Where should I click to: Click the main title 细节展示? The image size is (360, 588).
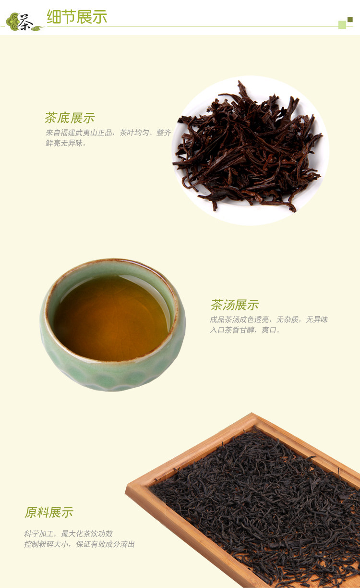(77, 17)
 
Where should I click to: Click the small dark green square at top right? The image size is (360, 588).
(350, 19)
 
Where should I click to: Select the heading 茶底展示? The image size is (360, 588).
(70, 117)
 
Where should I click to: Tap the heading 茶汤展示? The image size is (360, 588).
(235, 305)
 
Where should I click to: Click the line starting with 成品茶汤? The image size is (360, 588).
(269, 319)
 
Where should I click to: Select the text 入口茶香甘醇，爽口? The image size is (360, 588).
(243, 330)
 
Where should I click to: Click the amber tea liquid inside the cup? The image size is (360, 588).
(111, 318)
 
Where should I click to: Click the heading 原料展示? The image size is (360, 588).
(49, 512)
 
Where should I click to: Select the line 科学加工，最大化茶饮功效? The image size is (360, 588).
(69, 534)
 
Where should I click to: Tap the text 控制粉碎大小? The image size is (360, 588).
(47, 544)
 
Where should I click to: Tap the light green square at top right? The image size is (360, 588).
(342, 24)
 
